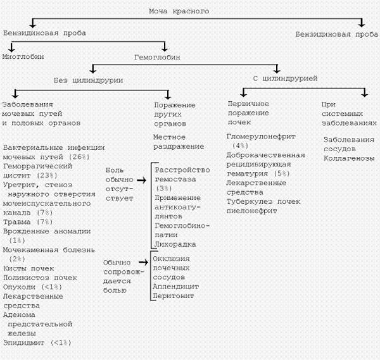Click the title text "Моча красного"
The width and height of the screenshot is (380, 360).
click(x=179, y=11)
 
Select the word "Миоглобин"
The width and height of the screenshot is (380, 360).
click(x=23, y=57)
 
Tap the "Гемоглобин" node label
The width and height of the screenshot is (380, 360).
click(x=157, y=57)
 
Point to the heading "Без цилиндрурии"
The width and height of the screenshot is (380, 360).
click(x=87, y=80)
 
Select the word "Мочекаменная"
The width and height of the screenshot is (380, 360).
click(x=30, y=250)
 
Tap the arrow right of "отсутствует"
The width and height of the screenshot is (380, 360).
click(x=143, y=180)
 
